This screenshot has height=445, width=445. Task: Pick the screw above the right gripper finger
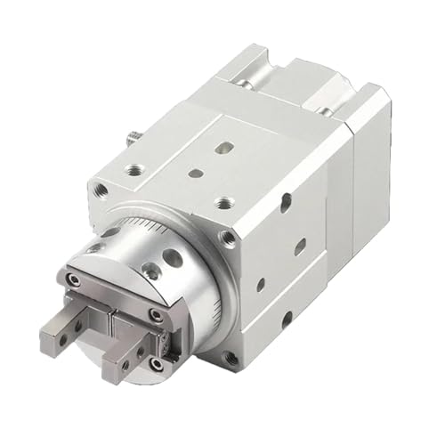click(x=156, y=314)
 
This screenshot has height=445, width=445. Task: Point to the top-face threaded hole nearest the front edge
click(x=223, y=203)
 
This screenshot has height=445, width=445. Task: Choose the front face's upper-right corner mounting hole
click(x=230, y=238)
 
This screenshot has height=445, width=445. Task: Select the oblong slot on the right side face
click(x=301, y=244)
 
